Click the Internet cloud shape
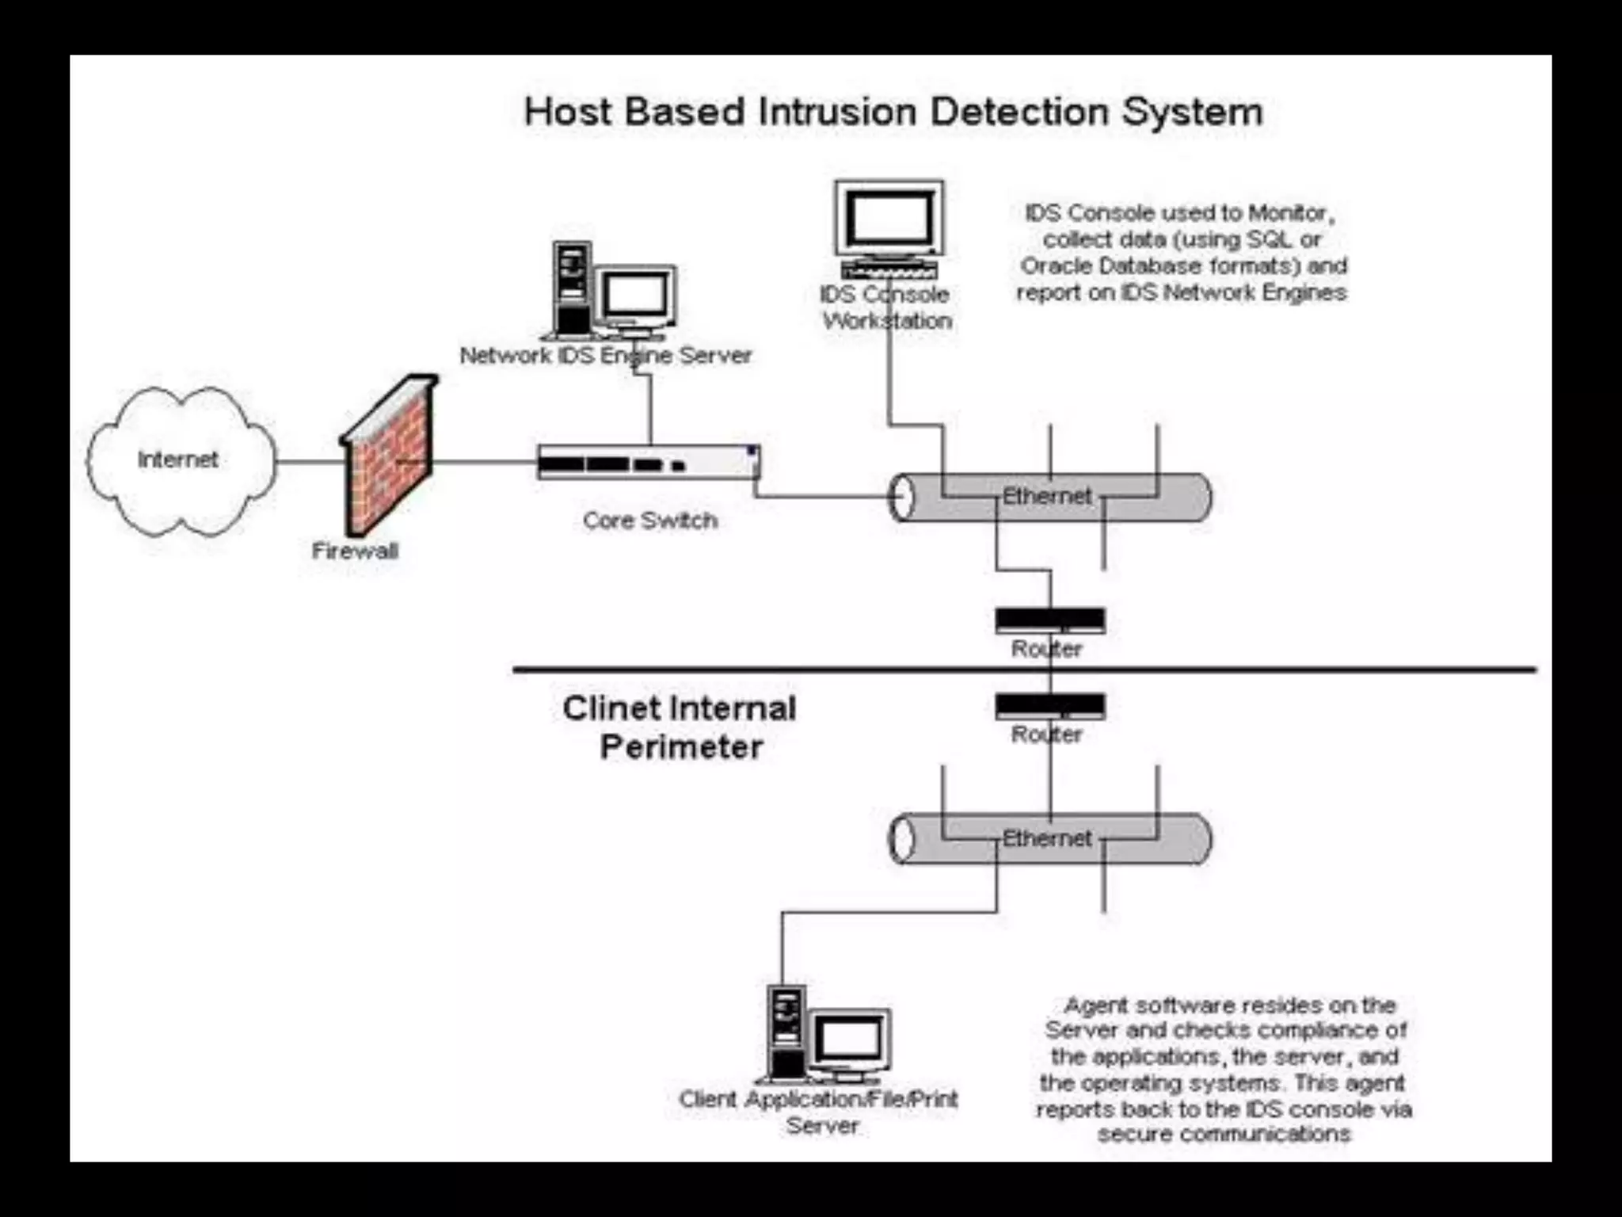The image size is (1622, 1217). point(181,460)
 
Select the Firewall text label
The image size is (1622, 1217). point(354,551)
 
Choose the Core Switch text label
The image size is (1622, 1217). point(649,521)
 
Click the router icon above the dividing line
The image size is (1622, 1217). point(1049,620)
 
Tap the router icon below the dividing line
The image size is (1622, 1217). point(1049,706)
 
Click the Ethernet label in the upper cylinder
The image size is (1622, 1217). point(1046,496)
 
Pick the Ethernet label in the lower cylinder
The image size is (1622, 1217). point(1046,838)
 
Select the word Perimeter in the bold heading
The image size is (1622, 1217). point(681,747)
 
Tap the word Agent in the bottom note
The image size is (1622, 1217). point(1096,1005)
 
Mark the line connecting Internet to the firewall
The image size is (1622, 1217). point(310,461)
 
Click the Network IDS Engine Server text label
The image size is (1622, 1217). point(605,355)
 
